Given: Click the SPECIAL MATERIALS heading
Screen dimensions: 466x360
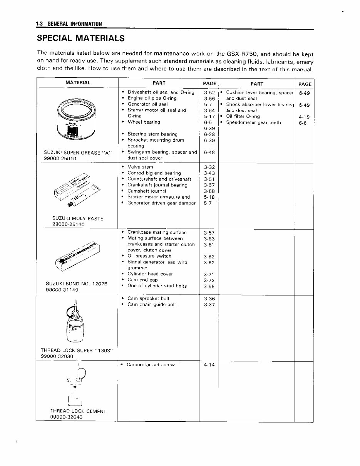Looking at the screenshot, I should tap(80, 38).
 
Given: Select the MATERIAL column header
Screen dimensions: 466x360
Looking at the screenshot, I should tap(78, 82).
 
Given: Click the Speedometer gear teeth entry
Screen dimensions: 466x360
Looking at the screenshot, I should tap(253, 122).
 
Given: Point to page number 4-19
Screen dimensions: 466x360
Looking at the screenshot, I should tap(304, 117).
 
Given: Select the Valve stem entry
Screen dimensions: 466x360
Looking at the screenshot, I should tap(140, 167).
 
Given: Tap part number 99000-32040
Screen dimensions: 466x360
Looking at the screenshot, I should tap(66, 417).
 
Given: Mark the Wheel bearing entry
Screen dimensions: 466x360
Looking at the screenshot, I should tap(144, 122).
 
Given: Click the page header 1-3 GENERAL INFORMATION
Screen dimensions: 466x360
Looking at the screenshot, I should tap(69, 24).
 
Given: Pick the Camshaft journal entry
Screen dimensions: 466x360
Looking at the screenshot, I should tap(147, 191).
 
